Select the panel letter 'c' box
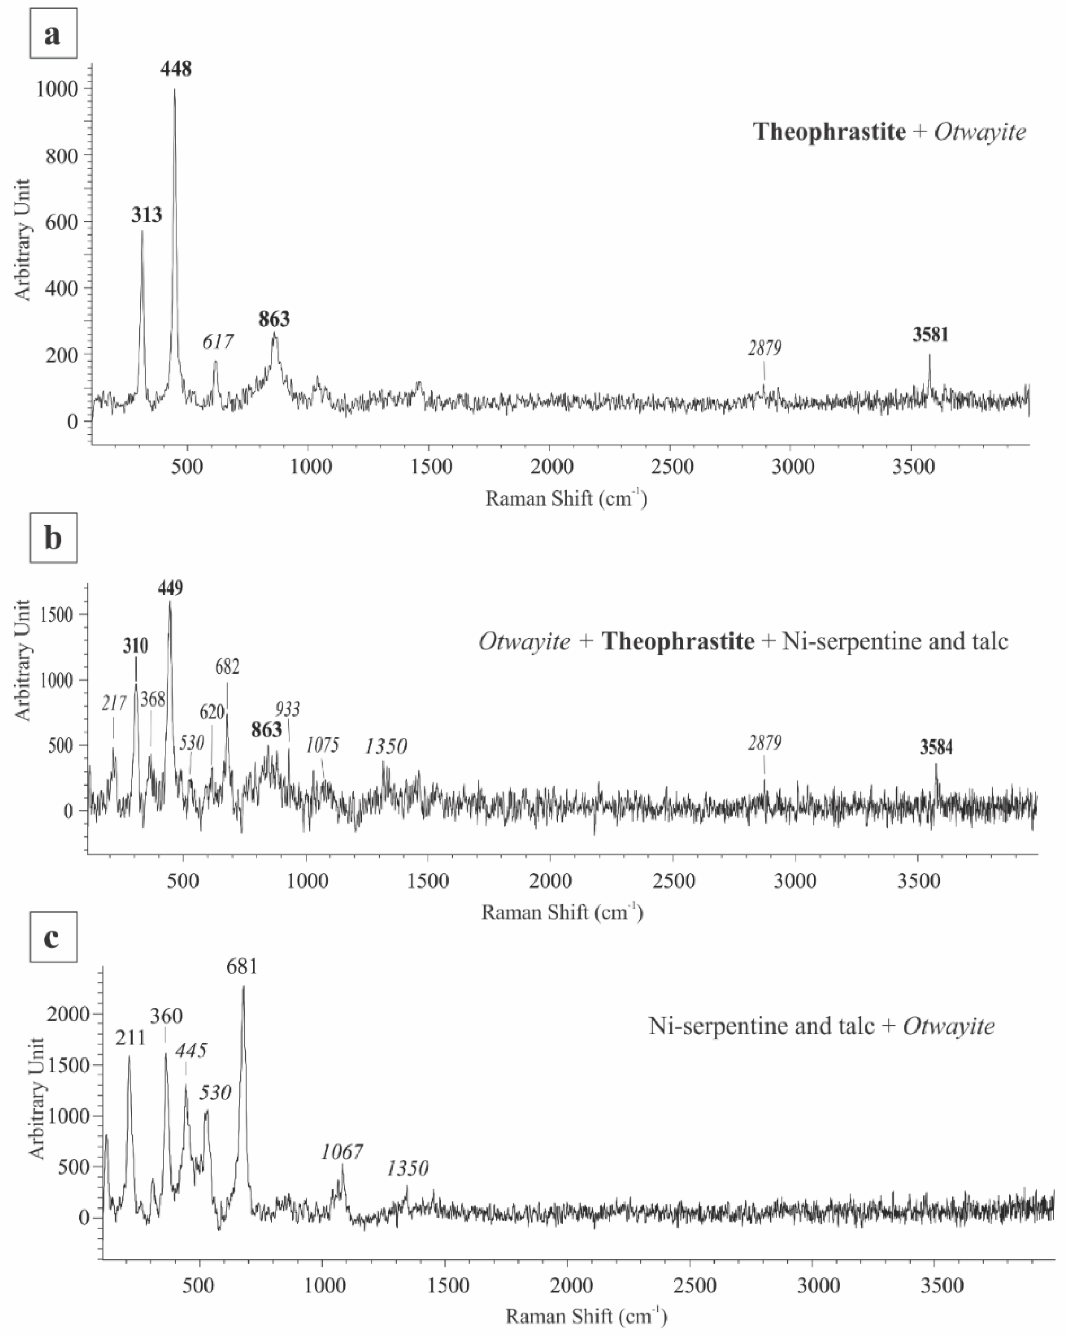pyautogui.click(x=53, y=937)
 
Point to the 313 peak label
pyautogui.click(x=146, y=215)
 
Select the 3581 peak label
pyautogui.click(x=930, y=335)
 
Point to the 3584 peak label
pyautogui.click(x=936, y=748)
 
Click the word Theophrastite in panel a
pyautogui.click(x=829, y=132)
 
